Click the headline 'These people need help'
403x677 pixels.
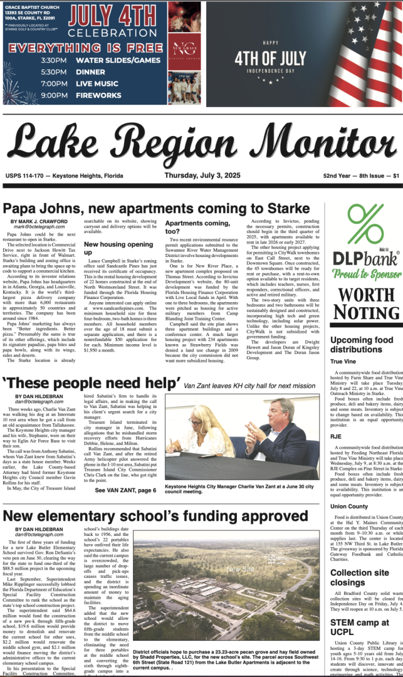pyautogui.click(x=92, y=384)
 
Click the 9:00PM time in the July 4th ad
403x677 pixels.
pyautogui.click(x=54, y=95)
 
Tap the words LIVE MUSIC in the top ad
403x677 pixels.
pyautogui.click(x=97, y=83)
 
